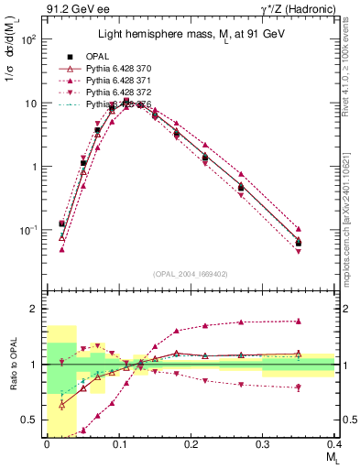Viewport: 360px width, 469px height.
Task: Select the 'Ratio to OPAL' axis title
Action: tap(11, 365)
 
